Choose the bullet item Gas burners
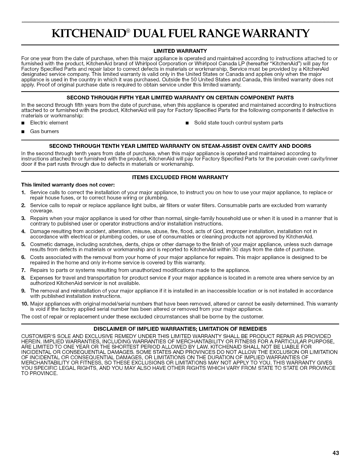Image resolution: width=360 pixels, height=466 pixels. (44, 132)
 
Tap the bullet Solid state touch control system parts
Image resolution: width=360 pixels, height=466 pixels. (239, 123)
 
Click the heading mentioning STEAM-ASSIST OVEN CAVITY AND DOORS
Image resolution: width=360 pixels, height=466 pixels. (180, 146)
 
